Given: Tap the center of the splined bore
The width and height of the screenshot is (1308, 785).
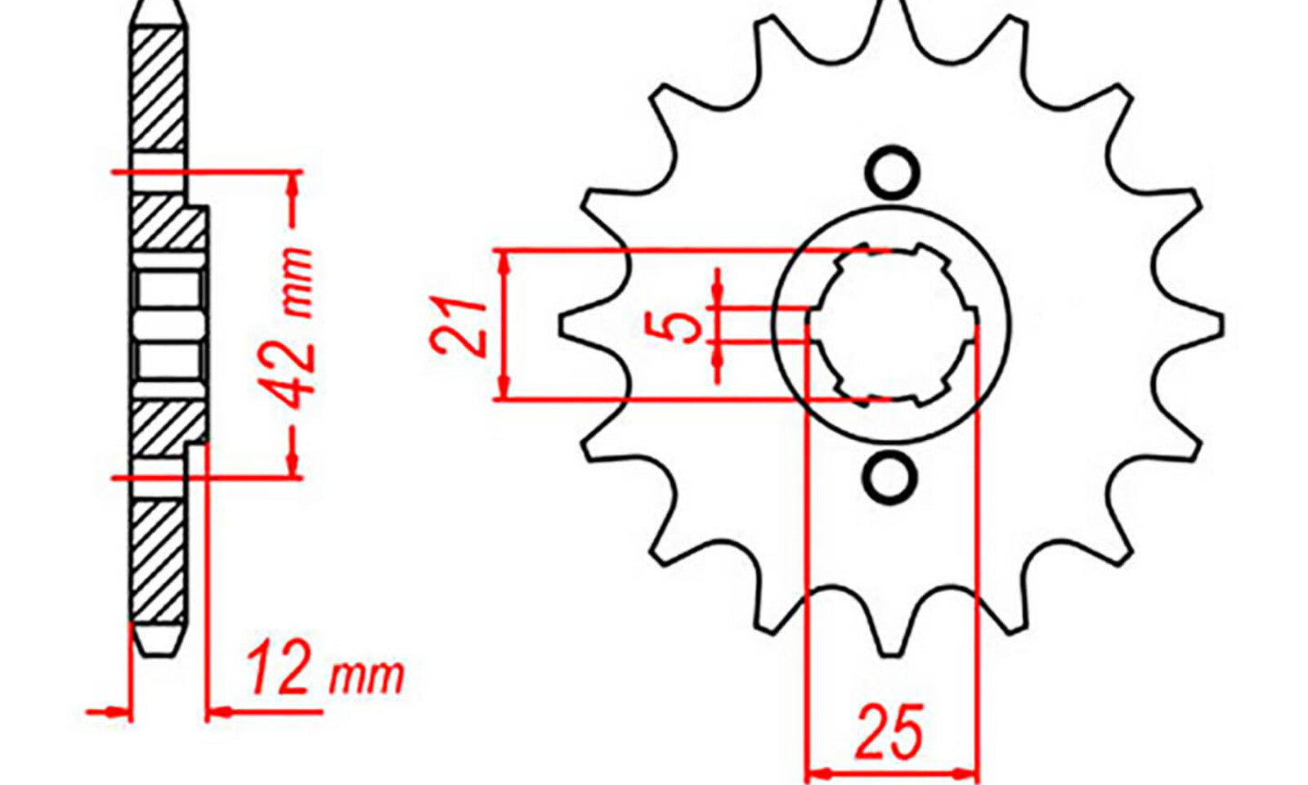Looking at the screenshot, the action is pyautogui.click(x=892, y=325).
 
